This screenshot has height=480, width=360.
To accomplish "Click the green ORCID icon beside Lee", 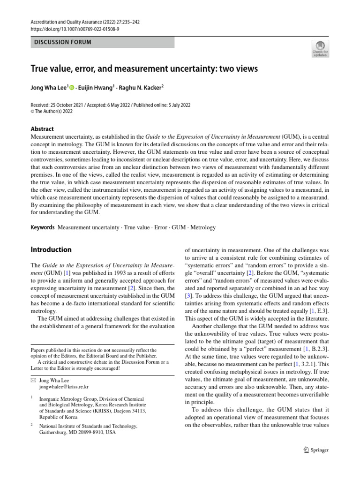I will [x=73, y=87].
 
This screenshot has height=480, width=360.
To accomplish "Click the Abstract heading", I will [x=42, y=129].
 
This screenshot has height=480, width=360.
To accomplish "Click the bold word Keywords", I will [x=43, y=227].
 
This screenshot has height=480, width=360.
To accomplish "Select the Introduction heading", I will [x=51, y=250].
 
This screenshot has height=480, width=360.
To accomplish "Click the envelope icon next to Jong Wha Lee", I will [x=33, y=380].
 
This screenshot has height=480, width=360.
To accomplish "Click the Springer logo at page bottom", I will [x=315, y=450].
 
